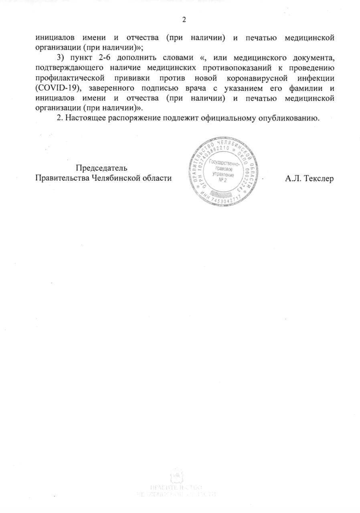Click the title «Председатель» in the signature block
tap(102, 168)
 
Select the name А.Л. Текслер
tap(309, 178)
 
